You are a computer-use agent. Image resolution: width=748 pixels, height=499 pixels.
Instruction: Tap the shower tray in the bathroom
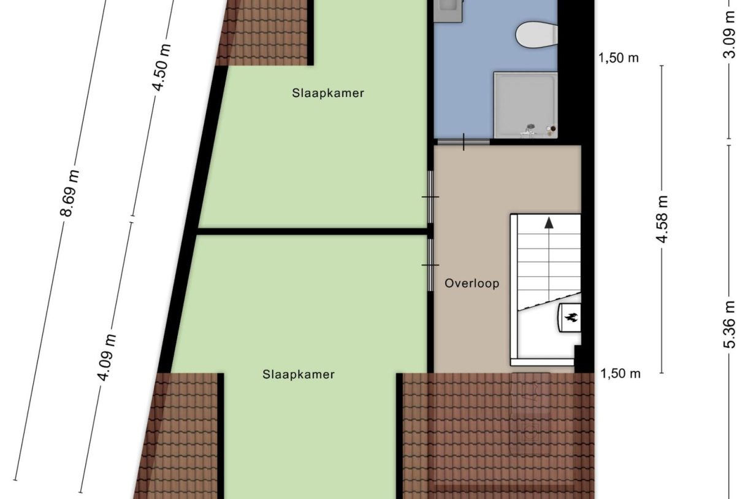tap(525, 103)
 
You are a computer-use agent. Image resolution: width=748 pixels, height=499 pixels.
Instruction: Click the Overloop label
tap(471, 284)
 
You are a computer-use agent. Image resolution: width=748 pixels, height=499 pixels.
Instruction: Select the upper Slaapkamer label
tap(328, 93)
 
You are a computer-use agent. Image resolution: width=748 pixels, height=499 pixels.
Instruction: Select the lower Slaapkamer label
tap(299, 374)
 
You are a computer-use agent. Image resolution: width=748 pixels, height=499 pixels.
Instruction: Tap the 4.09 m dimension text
tap(107, 357)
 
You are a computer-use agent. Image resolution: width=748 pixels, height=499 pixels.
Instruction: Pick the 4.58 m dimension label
tap(662, 219)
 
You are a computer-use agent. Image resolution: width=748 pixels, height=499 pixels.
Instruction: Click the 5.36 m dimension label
tap(730, 324)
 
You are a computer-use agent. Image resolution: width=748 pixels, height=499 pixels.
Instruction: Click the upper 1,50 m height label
tap(618, 58)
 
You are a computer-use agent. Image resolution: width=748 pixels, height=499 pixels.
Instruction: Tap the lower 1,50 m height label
tap(620, 373)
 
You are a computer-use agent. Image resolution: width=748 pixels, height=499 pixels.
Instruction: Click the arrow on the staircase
tap(548, 223)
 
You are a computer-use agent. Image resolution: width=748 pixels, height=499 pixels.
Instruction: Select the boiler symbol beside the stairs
tap(570, 317)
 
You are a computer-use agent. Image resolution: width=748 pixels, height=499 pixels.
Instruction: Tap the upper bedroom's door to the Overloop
tap(430, 196)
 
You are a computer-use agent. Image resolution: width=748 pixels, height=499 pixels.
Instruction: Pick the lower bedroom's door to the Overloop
tap(430, 264)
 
